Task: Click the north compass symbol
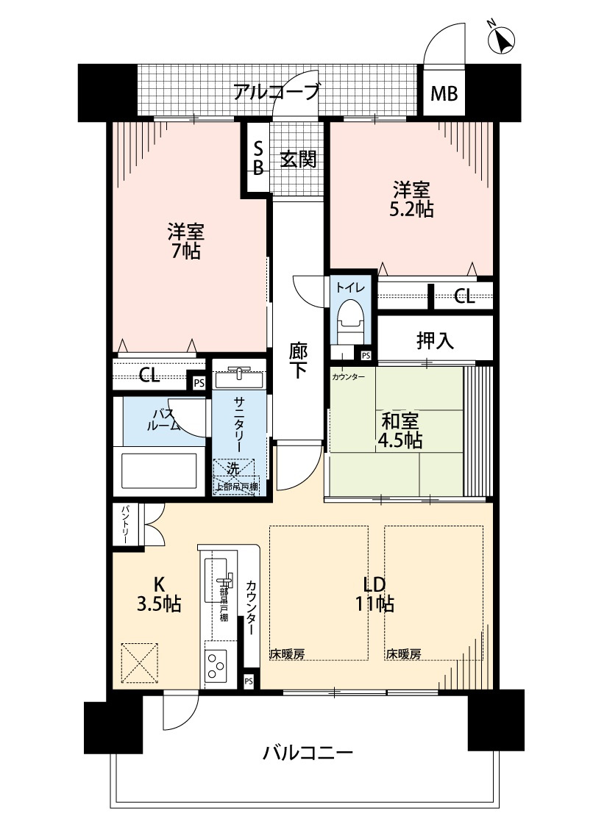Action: (503, 40)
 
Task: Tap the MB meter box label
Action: (444, 94)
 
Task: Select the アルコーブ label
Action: (277, 93)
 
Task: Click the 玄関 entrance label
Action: (298, 159)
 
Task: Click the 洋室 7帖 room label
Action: (185, 242)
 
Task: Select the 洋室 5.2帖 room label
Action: (411, 199)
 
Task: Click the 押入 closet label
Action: (435, 340)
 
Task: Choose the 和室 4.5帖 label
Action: (400, 432)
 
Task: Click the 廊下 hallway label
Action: (298, 361)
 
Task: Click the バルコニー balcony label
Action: (308, 753)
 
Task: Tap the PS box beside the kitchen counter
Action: (249, 681)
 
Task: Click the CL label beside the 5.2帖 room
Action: (464, 296)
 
